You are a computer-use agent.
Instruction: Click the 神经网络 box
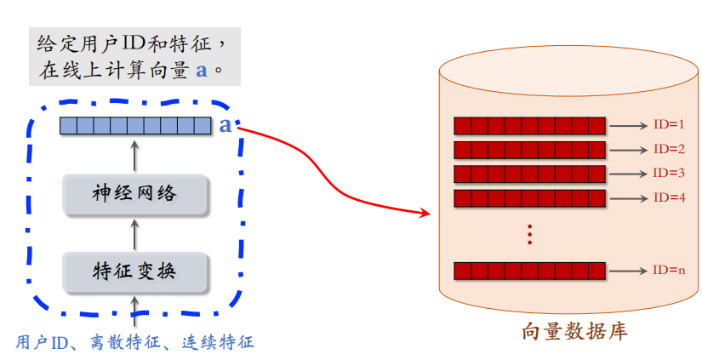pos(135,194)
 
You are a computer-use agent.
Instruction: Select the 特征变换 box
pos(135,271)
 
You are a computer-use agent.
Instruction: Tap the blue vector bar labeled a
pos(134,126)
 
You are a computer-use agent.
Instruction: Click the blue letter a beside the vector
pos(225,126)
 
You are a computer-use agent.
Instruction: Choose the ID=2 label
pos(669,149)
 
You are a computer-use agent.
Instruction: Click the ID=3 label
pos(669,174)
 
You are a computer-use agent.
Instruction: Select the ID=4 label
pos(669,197)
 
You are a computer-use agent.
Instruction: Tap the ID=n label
pos(669,271)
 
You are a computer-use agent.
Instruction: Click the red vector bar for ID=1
pos(529,126)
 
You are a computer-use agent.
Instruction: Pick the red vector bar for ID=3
pos(529,174)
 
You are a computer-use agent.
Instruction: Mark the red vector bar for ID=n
pos(529,271)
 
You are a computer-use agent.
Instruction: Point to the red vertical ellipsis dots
pos(529,234)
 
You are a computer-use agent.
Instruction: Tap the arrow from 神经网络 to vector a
pos(134,156)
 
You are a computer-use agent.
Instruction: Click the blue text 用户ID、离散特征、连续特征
pos(134,342)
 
